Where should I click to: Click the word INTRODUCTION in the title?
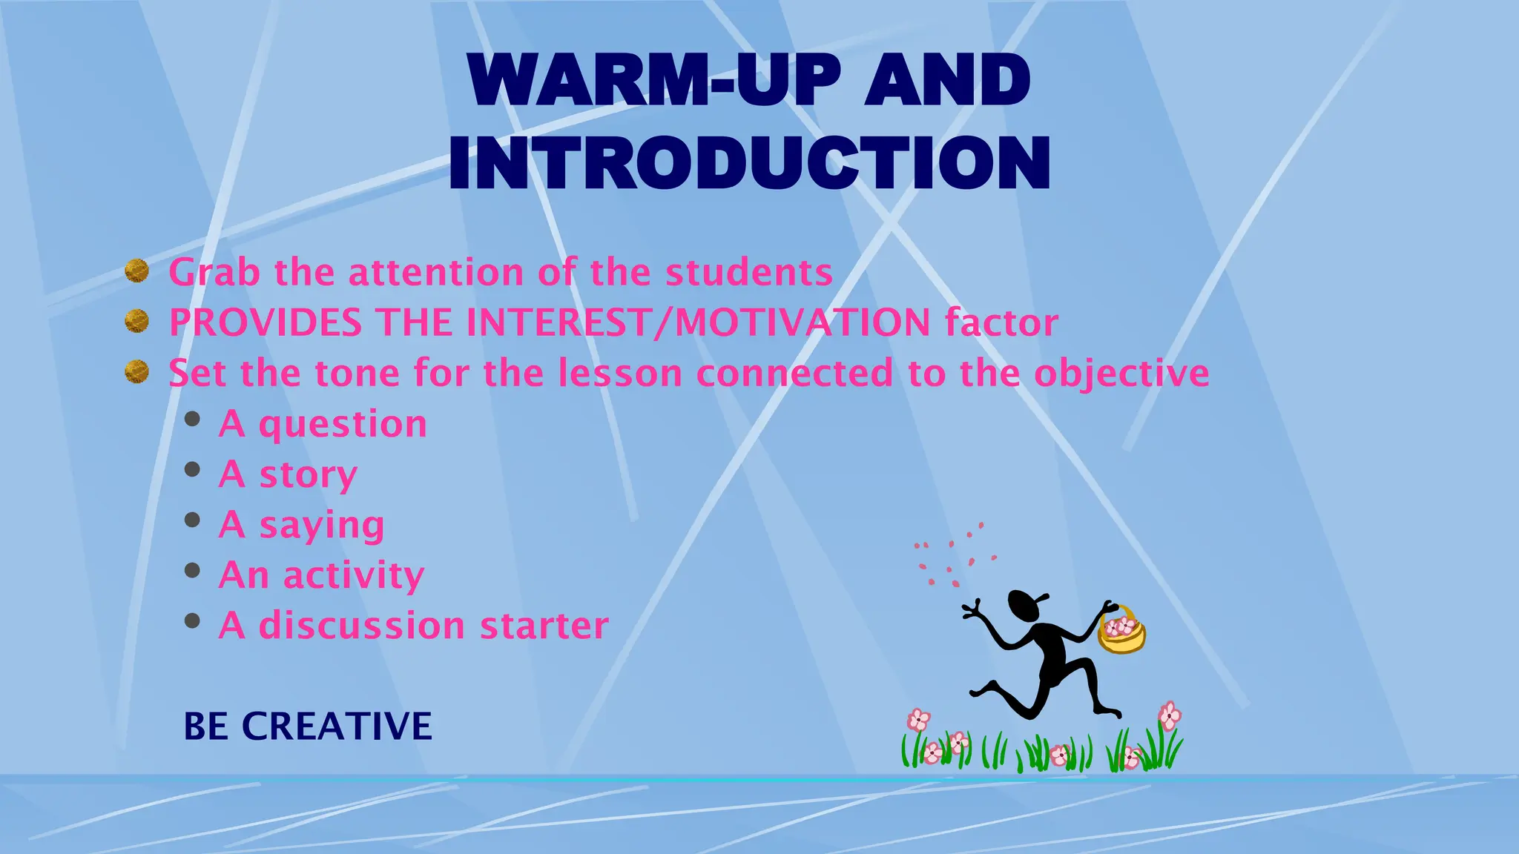(x=749, y=163)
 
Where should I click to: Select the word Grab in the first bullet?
(x=214, y=273)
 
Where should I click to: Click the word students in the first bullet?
(x=749, y=273)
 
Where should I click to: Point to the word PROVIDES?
(x=266, y=323)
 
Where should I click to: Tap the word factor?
(x=1001, y=323)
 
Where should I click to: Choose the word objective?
(x=1121, y=374)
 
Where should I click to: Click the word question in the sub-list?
(x=343, y=425)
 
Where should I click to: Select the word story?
(x=308, y=475)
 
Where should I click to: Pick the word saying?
(x=321, y=526)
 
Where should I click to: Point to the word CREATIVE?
(x=337, y=726)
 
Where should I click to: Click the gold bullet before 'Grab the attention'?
(x=136, y=271)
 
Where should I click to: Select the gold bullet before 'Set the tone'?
(x=136, y=371)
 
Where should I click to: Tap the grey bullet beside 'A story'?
(x=192, y=469)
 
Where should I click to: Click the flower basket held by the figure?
(x=1121, y=632)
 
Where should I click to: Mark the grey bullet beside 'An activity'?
(x=192, y=570)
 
